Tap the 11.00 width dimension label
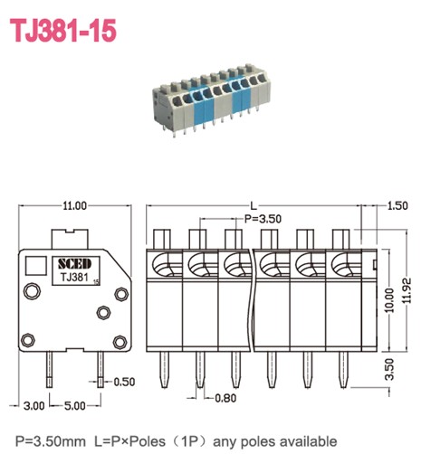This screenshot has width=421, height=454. pyautogui.click(x=74, y=206)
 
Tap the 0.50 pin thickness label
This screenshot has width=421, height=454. pyautogui.click(x=124, y=383)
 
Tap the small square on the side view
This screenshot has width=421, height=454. pyautogui.click(x=37, y=265)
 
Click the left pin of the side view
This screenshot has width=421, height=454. pyautogui.click(x=50, y=371)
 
